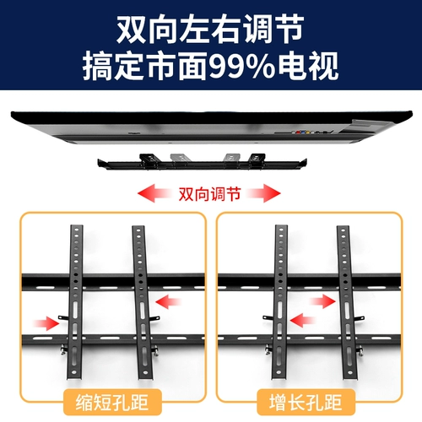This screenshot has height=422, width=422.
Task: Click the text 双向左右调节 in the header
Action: click(210, 30)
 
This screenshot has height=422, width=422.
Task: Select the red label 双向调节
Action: click(210, 193)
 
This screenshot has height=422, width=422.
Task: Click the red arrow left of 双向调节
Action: click(155, 193)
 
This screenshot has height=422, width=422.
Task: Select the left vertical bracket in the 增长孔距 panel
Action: click(278, 295)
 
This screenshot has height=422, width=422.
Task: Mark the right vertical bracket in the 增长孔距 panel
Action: click(344, 295)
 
